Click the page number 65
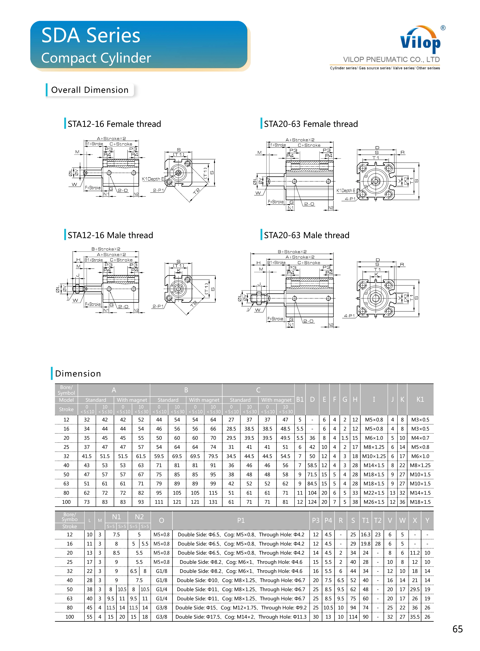click(x=457, y=629)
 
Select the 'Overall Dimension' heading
click(x=90, y=90)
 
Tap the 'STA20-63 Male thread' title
click(x=307, y=235)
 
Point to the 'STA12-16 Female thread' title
click(x=114, y=124)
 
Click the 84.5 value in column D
click(x=312, y=483)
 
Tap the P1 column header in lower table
click(x=241, y=520)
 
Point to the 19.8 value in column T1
click(x=366, y=544)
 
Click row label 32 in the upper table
click(x=66, y=456)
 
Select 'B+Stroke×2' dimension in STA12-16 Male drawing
click(x=106, y=249)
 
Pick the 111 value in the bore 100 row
click(x=159, y=502)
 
